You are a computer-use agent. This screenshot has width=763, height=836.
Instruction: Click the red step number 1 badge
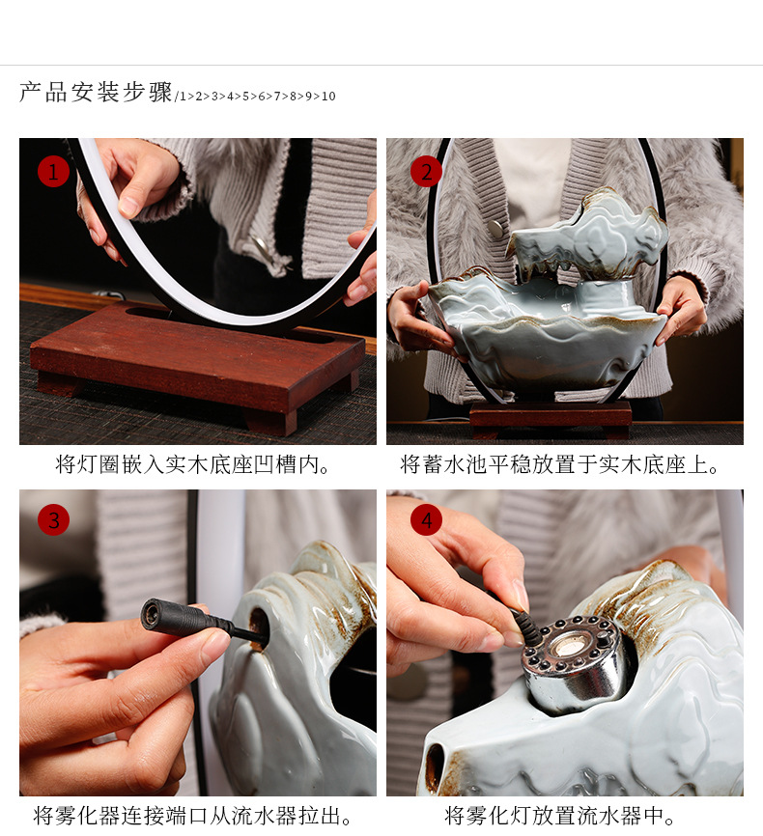(53, 172)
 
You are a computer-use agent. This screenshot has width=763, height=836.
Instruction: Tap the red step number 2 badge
(426, 172)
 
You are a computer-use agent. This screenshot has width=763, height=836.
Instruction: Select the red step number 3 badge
(53, 520)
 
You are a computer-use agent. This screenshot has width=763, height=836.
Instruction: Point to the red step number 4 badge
(426, 520)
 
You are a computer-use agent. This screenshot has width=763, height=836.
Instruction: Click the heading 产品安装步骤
(96, 93)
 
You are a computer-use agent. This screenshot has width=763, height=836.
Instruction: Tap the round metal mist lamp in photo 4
(576, 661)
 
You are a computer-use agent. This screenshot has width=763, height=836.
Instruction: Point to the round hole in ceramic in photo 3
(258, 627)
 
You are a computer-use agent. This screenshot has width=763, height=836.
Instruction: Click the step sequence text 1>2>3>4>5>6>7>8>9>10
(256, 97)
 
